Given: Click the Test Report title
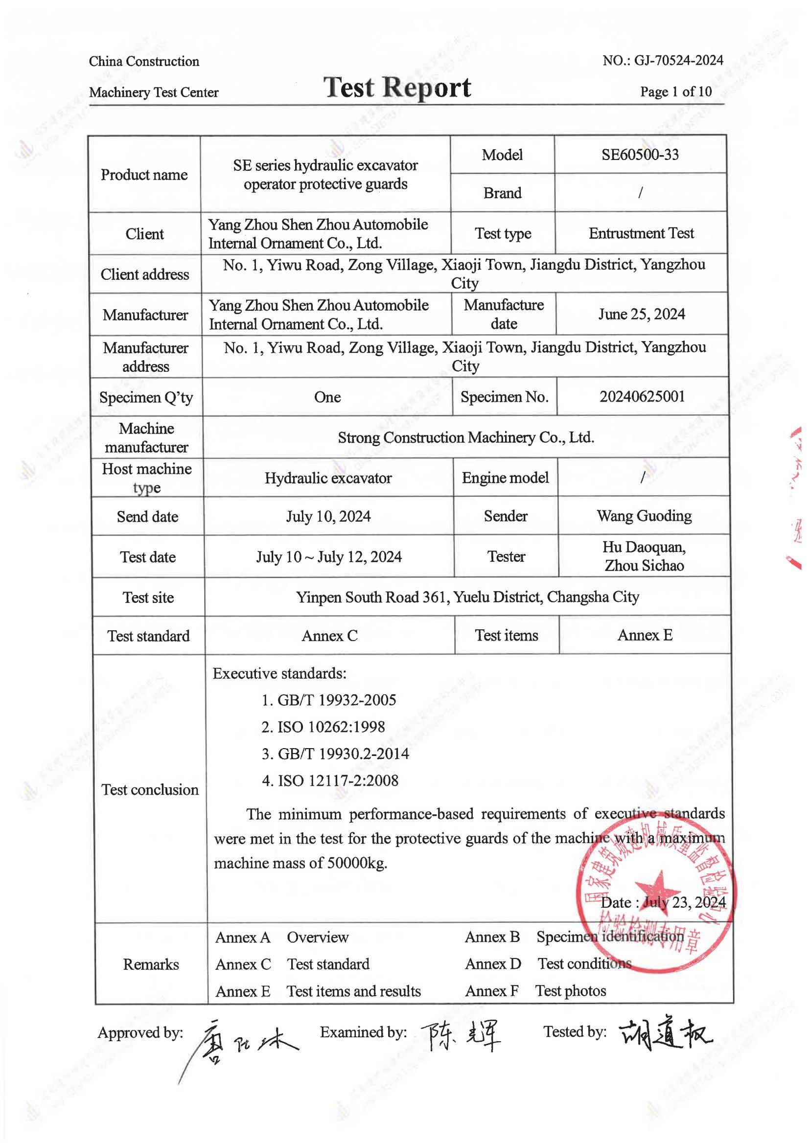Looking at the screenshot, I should pos(397,88).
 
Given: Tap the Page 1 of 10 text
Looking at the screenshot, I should pos(675,91).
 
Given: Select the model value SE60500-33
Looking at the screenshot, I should pos(640,155).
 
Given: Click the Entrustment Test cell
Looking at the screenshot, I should pos(641,233).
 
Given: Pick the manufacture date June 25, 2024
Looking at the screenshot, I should pos(641,314).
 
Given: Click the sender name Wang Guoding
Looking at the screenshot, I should pos(644,516).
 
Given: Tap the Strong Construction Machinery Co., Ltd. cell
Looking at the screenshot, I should pos(466,438).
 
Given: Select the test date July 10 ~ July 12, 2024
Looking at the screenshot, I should pos(329,557).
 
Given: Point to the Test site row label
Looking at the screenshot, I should pos(148,597).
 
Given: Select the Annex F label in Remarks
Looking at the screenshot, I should pos(492,991).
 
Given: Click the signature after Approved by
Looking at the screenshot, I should pos(244,1041).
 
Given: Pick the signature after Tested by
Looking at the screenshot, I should pos(665,1035).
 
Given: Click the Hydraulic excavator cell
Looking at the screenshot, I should pos(328,478).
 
